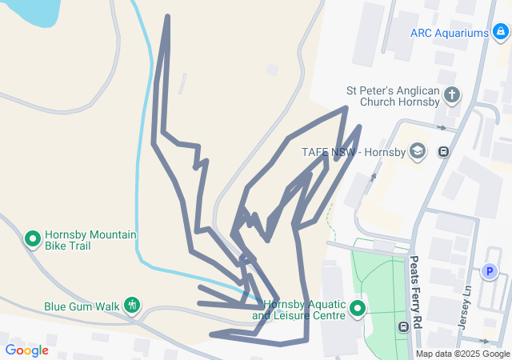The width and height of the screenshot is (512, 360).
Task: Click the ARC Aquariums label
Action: [449, 33]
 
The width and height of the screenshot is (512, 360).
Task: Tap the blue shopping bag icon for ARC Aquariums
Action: [500, 33]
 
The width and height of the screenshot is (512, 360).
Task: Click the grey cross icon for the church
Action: [452, 96]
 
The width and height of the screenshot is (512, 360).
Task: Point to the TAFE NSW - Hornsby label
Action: [352, 153]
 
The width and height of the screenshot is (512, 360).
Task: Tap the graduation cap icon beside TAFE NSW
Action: [417, 151]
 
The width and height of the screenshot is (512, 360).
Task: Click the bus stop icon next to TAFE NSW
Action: [443, 151]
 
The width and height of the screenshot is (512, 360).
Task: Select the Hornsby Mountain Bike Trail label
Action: [90, 240]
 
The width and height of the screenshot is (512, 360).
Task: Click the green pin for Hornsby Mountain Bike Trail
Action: [33, 238]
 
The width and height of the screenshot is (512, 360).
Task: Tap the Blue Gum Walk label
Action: [81, 306]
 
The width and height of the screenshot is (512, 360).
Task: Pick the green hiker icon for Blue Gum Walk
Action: [132, 305]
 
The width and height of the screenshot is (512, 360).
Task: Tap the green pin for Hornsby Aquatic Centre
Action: [357, 308]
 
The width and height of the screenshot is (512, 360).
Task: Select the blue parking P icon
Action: [489, 272]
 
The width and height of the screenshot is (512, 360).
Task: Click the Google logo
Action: [26, 350]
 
